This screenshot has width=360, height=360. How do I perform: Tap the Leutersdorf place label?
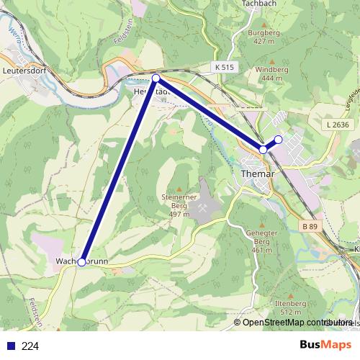pos(24,71)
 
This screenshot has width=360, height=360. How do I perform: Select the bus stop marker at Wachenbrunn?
pos(82,262)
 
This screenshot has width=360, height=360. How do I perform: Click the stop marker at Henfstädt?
pos(156,78)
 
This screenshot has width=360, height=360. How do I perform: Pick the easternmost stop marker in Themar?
pos(279,139)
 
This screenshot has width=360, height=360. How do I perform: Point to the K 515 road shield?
pos(224,67)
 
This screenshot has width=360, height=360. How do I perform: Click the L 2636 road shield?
pos(337,124)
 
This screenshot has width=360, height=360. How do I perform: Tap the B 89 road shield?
pos(309,226)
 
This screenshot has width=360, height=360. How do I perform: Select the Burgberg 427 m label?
pos(264,37)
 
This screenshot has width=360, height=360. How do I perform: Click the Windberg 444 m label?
pos(271,73)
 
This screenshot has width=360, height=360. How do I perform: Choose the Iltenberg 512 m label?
pos(289,309)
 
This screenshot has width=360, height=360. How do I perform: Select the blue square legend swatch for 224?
pos(9,346)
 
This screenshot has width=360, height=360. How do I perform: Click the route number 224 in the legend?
pos(30,346)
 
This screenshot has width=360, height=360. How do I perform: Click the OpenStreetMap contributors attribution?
pos(297,322)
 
